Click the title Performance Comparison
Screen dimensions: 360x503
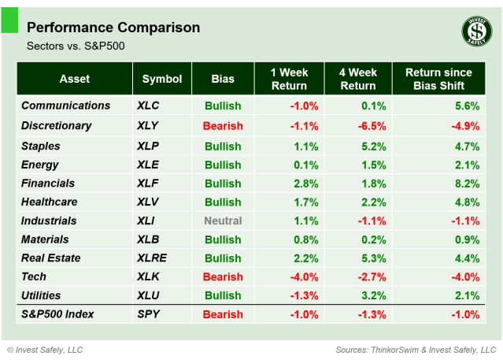113,28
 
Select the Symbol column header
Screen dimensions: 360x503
162,79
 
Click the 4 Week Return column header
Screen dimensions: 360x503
357,79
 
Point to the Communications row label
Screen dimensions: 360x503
66,106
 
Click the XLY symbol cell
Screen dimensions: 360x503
150,126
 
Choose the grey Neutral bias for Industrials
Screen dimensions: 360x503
223,221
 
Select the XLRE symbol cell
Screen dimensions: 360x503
153,258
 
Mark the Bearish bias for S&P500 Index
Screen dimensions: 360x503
223,315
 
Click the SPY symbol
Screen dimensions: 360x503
149,315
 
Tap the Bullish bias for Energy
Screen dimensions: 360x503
223,165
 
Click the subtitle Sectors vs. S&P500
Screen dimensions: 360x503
76,46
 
